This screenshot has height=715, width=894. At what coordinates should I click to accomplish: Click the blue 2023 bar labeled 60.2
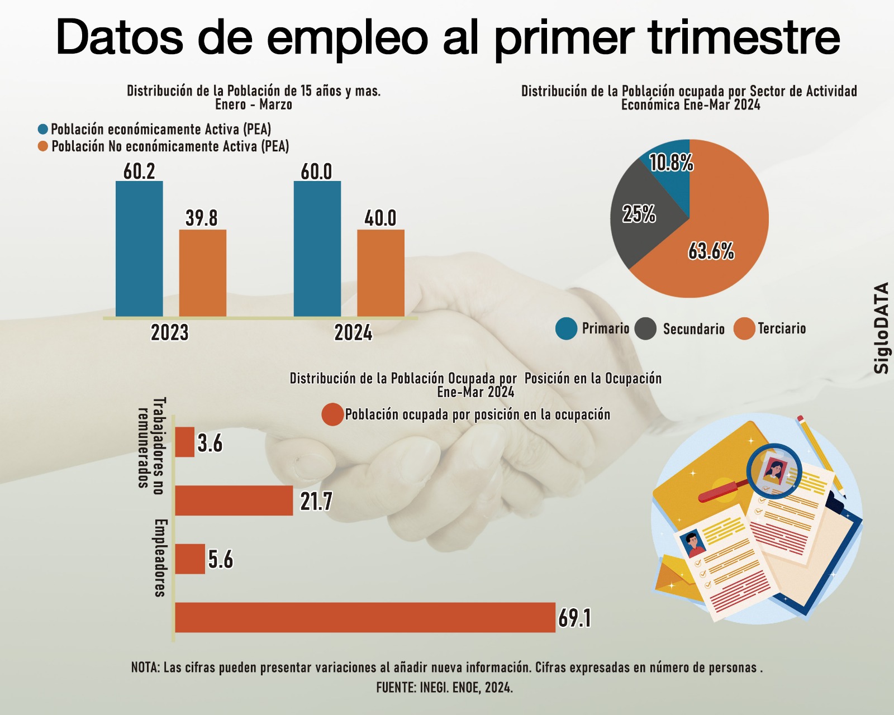[x=139, y=249]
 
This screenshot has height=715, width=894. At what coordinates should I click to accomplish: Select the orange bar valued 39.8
[x=202, y=273]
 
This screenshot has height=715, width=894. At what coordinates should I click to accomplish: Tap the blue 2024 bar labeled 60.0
[x=317, y=249]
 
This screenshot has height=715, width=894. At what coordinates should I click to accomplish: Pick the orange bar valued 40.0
[x=381, y=273]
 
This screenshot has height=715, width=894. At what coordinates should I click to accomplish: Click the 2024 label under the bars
[x=353, y=333]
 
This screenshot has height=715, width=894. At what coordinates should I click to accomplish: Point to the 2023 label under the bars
[x=170, y=333]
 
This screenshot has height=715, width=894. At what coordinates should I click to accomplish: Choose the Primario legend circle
[x=566, y=328]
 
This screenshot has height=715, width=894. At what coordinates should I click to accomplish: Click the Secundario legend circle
[x=645, y=328]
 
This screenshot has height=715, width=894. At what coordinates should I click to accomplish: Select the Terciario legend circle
[x=744, y=328]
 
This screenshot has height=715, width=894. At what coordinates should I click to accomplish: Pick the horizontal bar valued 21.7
[x=234, y=500]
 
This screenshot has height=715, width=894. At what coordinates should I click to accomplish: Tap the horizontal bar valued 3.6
[x=184, y=442]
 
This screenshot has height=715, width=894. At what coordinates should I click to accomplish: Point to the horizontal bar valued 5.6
[x=190, y=559]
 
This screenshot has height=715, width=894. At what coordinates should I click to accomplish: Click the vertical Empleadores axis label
[x=160, y=558]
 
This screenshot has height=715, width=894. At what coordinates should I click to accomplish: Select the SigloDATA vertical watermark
[x=881, y=328]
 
